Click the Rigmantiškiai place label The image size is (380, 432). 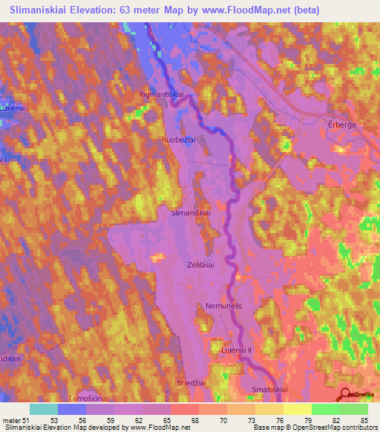[x=161, y=95]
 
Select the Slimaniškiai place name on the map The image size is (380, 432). [x=191, y=212]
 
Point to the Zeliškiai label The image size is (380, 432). [x=201, y=264]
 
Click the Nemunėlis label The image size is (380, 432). [x=221, y=306]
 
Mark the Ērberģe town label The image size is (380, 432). [x=342, y=125]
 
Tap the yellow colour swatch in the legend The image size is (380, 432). [x=297, y=409]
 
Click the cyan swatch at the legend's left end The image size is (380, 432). [x=44, y=409]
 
